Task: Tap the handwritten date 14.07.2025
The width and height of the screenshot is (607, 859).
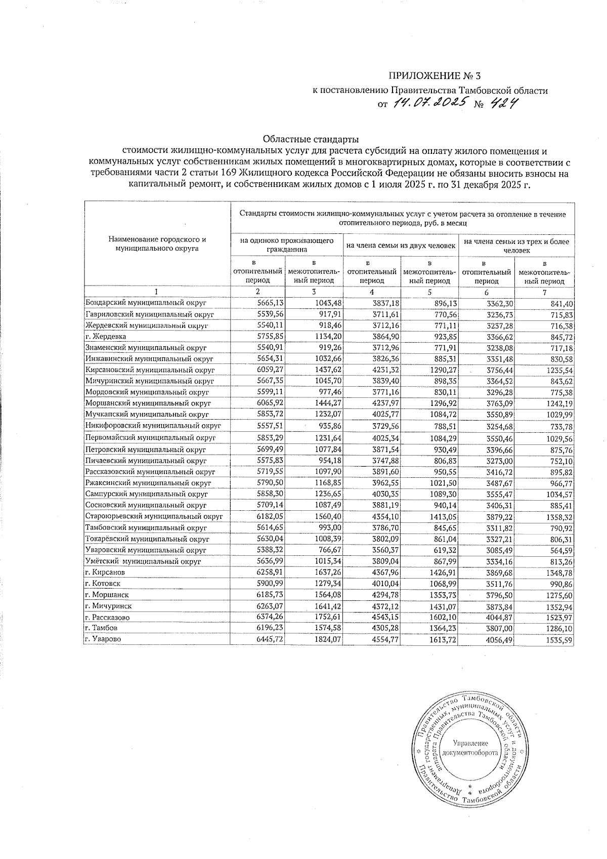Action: coord(429,104)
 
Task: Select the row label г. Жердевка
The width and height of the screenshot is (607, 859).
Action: coord(106,337)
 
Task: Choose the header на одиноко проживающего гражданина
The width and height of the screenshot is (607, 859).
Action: coord(286,245)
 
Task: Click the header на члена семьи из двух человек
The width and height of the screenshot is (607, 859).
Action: coord(401,246)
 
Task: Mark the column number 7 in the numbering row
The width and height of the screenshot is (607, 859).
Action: coord(544,292)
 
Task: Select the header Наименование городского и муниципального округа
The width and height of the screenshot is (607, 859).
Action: coord(157,243)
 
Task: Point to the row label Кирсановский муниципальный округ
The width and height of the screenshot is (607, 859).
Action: coord(150,370)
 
